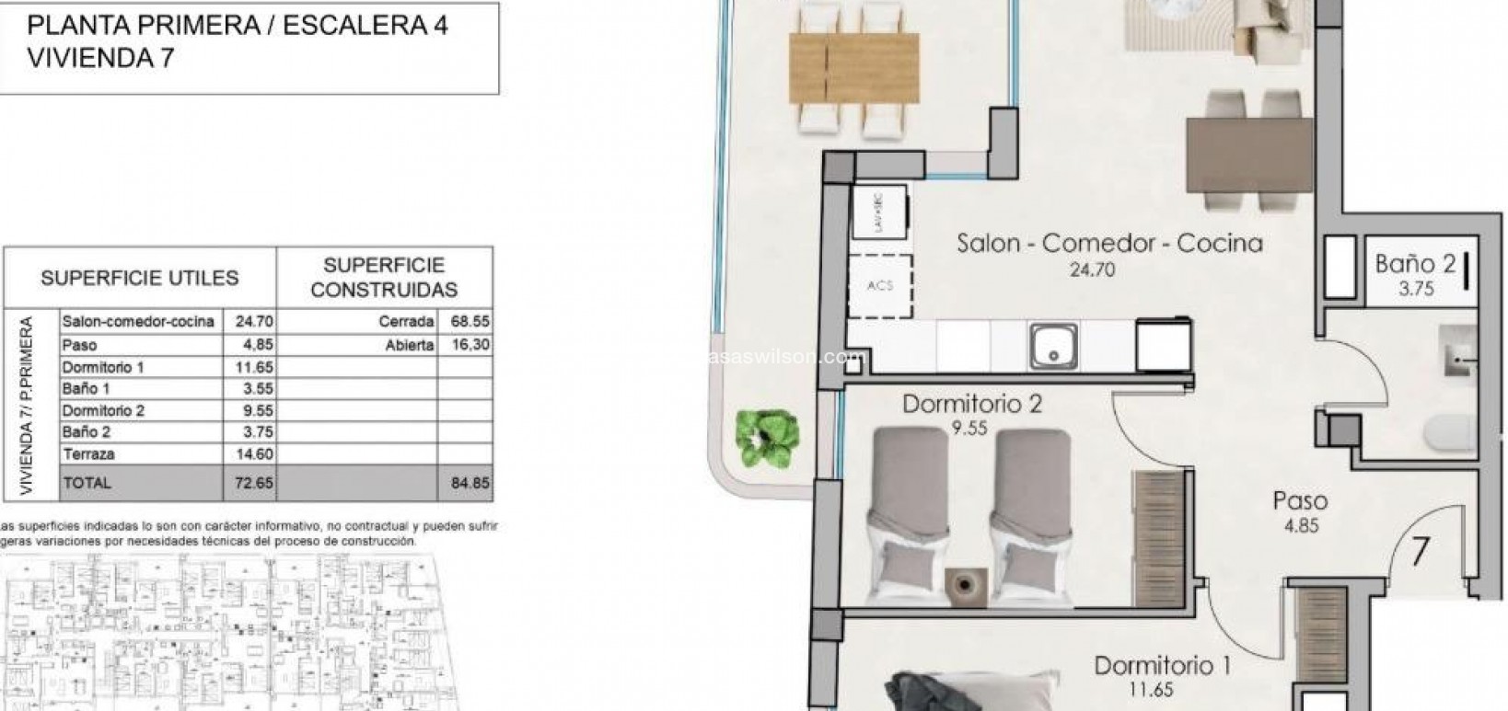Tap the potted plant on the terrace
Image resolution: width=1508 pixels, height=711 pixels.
766,434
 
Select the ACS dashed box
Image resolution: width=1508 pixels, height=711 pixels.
881,285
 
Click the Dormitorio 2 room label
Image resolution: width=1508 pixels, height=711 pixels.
971,405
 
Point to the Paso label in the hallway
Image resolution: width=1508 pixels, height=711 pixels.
1300,501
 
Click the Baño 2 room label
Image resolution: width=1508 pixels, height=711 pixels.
1415,264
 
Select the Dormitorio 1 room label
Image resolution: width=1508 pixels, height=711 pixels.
1162,665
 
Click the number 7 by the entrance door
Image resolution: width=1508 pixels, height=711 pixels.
1421,552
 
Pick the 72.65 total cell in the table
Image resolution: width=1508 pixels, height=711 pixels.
249,483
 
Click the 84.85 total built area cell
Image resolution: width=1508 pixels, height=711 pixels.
470,483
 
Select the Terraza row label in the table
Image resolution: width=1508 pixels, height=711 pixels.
88,454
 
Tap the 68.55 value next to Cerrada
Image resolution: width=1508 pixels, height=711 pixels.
470,323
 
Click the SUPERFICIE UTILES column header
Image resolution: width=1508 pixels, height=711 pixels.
139,278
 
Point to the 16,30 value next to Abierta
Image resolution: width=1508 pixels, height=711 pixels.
470,345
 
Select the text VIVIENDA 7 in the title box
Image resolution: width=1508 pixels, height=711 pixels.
101,57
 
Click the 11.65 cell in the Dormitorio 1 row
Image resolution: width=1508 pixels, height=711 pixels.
249,367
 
